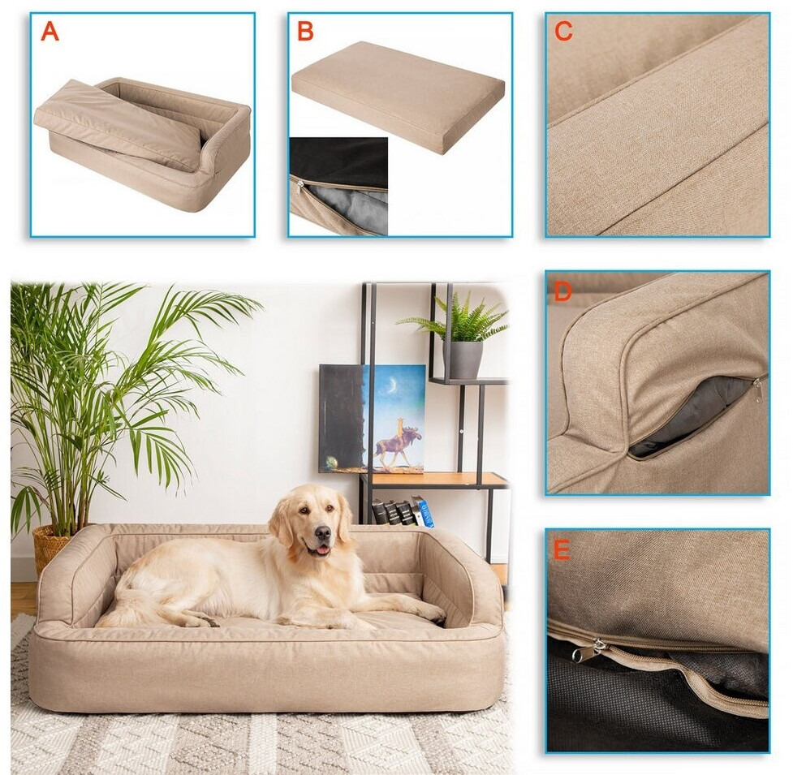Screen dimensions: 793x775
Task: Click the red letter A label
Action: coord(50,32)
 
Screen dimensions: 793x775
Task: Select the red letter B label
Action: coord(305,32)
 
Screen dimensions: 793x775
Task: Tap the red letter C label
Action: coord(562,32)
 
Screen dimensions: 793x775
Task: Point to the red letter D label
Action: coord(562,291)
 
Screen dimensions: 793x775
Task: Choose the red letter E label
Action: coord(562,549)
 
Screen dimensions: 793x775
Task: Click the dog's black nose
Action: coord(322,533)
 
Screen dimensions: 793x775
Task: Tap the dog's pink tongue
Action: coord(321,550)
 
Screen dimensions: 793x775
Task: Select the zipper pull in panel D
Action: coord(759,390)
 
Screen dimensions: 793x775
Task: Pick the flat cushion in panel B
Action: coord(398,96)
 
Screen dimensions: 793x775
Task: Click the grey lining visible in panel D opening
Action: coord(693,415)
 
